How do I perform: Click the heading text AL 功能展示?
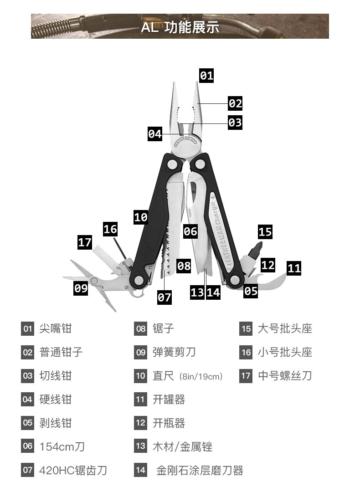coord(180,27)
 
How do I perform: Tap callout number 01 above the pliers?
coord(206,75)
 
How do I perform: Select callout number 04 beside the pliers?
coord(155,134)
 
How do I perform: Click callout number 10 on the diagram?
coord(141,217)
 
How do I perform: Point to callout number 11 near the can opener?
coord(294,267)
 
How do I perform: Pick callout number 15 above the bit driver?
coord(265,231)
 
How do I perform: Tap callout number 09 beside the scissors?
coord(81,288)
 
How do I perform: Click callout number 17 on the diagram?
coord(85,242)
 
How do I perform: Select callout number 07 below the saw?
coord(165,297)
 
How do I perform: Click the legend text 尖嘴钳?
coord(56,328)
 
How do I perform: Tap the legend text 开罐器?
coord(169,400)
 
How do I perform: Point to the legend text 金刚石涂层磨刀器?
coord(200,470)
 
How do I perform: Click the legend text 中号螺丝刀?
coord(285,376)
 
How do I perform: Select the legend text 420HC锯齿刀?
coord(73,470)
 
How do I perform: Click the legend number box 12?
coord(141,423)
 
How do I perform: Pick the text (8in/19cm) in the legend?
coord(201,377)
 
